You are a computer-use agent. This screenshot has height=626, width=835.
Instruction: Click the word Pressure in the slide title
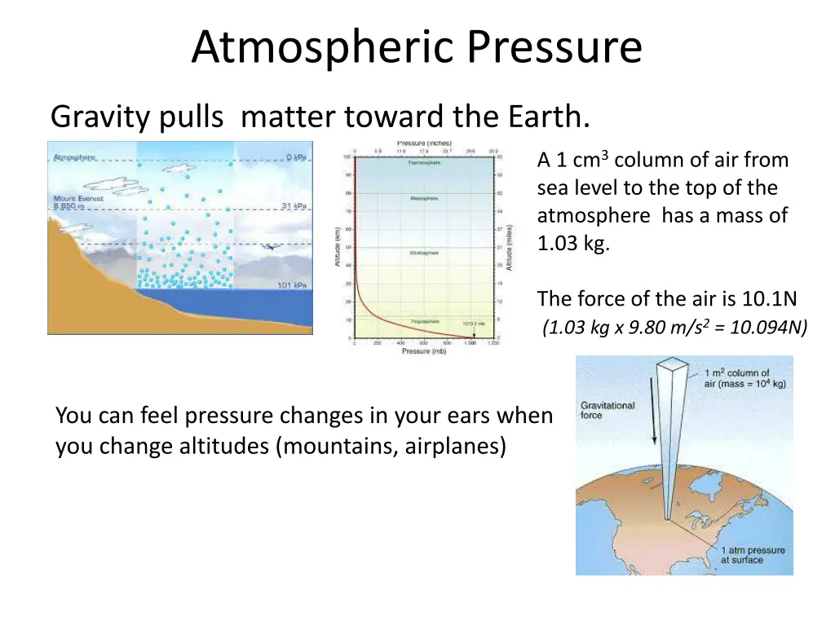[x=554, y=48]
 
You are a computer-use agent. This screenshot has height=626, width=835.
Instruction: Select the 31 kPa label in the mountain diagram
[x=294, y=206]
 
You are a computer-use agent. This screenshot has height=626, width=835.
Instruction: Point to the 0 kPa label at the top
[x=295, y=157]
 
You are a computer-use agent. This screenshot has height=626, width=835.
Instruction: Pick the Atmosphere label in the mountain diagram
[x=74, y=156]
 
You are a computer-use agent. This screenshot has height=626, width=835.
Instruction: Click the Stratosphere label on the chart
[x=423, y=253]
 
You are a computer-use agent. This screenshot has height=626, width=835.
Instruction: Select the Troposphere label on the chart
[x=425, y=321]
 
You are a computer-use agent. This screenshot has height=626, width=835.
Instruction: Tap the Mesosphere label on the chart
[x=424, y=198]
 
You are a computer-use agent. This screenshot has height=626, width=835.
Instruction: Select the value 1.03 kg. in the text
[x=573, y=244]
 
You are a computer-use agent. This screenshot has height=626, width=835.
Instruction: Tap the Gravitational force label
[x=607, y=410]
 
